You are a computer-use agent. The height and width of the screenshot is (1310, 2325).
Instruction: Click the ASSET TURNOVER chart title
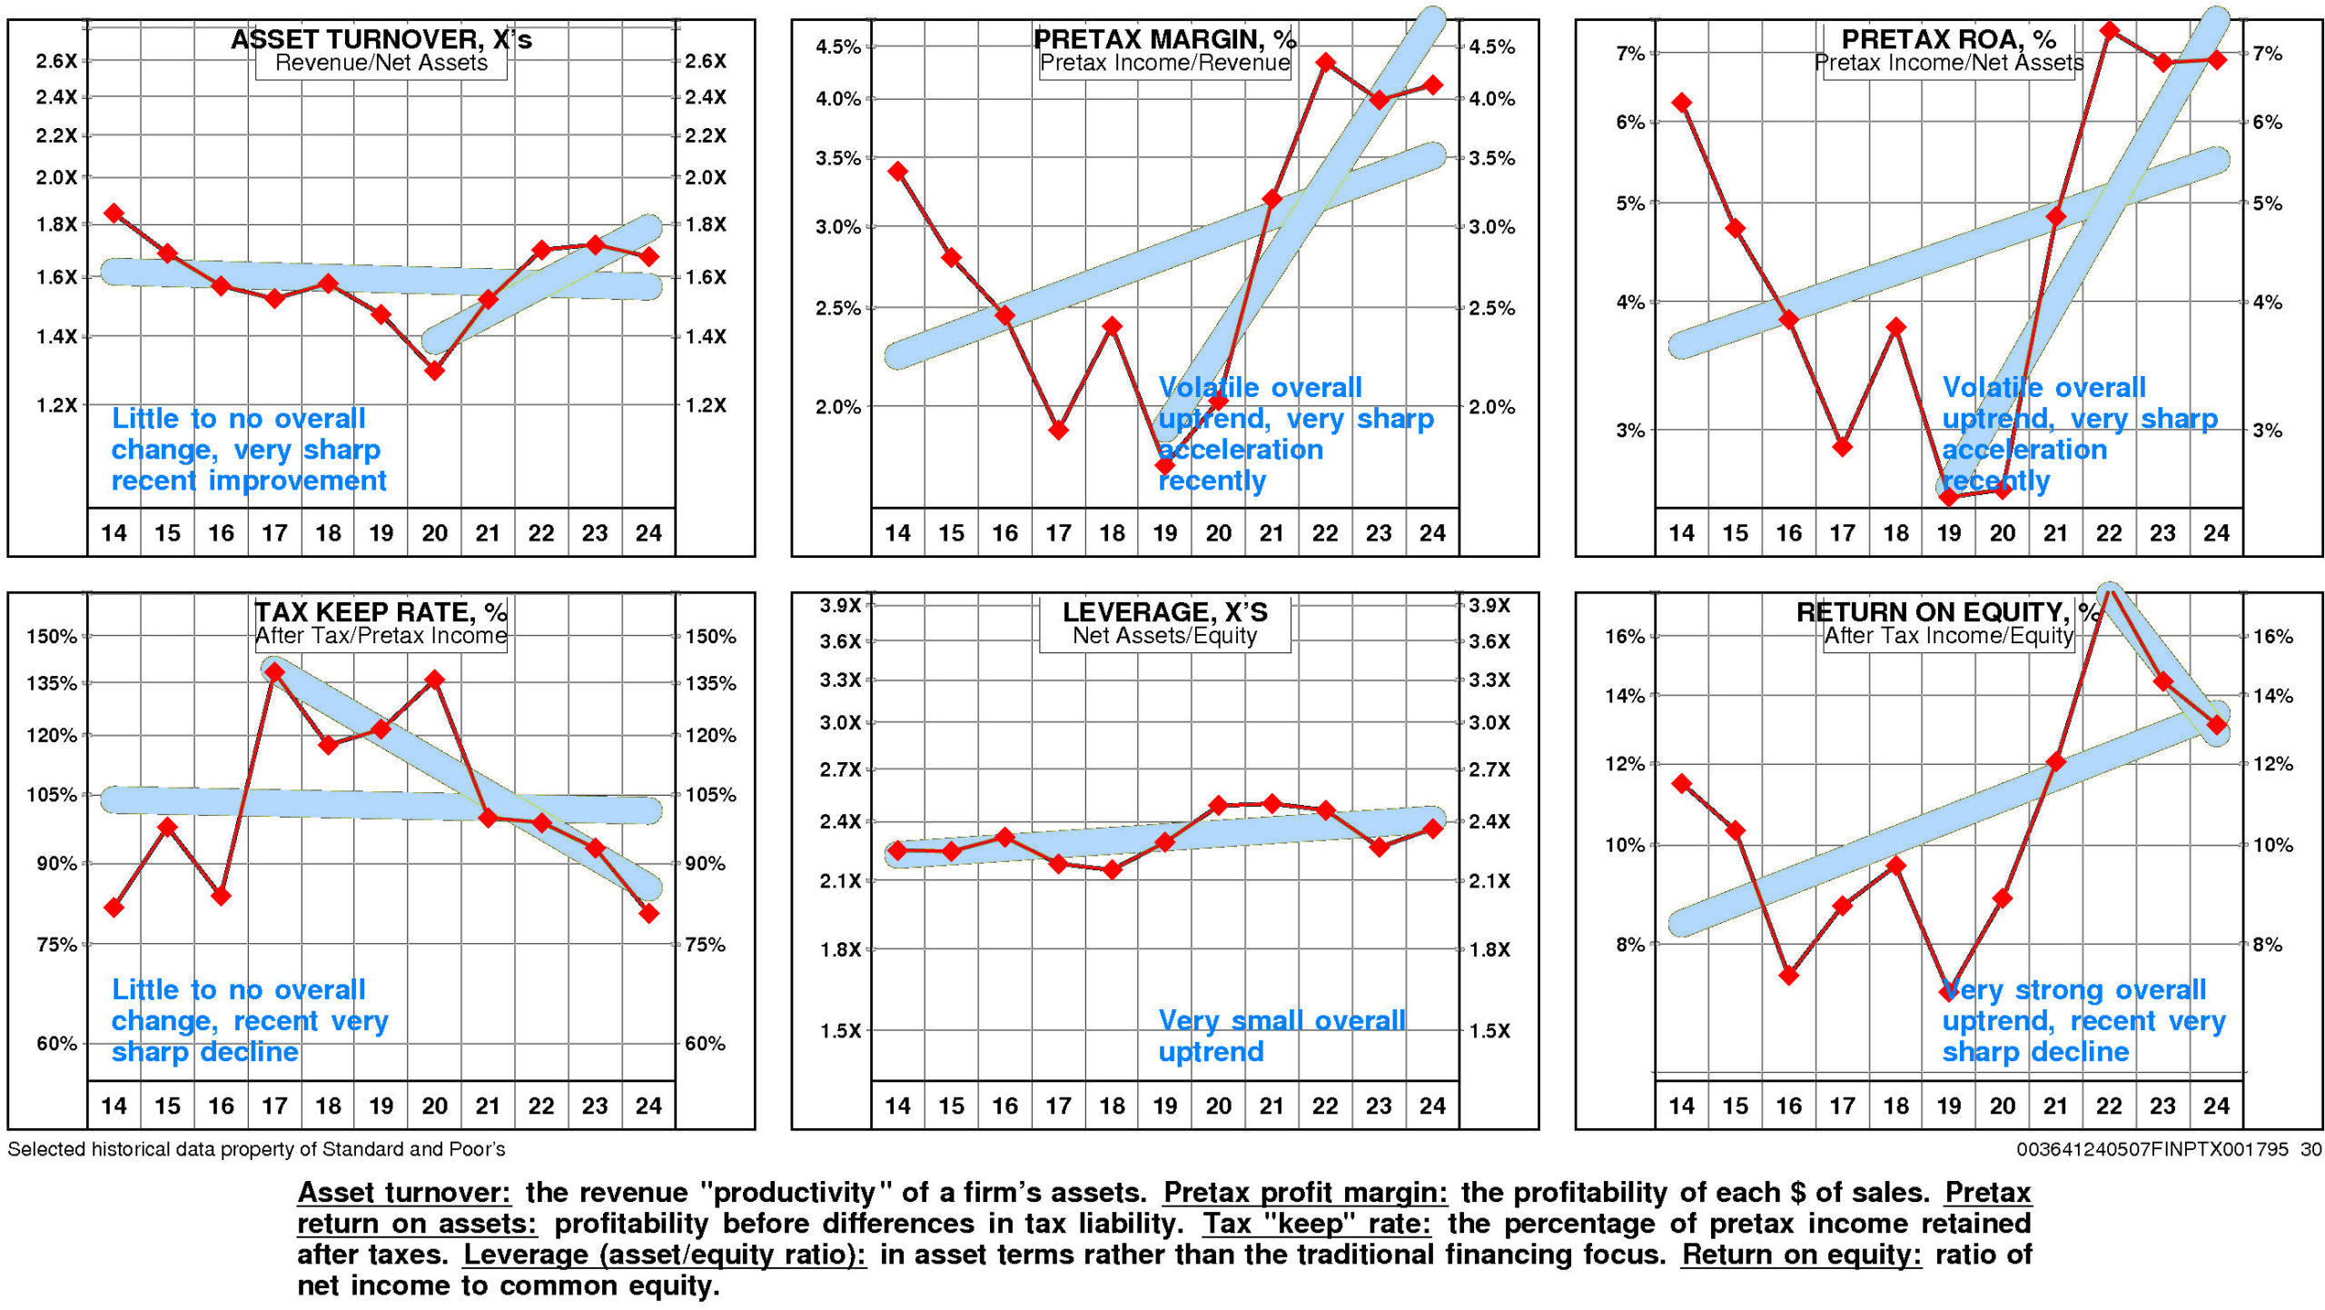click(x=381, y=39)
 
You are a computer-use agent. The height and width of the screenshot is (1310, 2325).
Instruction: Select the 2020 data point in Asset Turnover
click(x=434, y=370)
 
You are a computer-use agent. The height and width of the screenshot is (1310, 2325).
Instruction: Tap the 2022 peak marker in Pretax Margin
click(x=1325, y=63)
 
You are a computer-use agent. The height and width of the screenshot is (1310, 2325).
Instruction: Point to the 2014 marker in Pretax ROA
click(x=1682, y=103)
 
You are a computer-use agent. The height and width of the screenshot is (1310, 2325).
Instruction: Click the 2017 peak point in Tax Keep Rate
click(x=274, y=672)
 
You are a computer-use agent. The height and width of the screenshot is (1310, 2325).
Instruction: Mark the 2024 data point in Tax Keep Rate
click(x=648, y=913)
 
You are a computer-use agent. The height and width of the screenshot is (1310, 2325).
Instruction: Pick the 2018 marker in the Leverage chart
click(x=1112, y=869)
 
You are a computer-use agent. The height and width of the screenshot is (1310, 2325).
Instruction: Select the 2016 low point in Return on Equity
click(x=1789, y=976)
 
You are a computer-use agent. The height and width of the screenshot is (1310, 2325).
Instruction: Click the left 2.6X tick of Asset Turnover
click(x=56, y=61)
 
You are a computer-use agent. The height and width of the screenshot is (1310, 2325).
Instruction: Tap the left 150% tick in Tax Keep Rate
click(x=52, y=636)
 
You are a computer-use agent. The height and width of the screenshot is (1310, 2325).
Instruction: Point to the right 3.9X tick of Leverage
click(x=1489, y=605)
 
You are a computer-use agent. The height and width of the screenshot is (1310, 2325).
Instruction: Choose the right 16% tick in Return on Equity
click(x=2272, y=636)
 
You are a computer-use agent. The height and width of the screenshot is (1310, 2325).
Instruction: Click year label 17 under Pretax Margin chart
click(x=1058, y=533)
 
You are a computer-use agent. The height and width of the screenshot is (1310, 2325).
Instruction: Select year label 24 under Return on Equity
click(x=2216, y=1106)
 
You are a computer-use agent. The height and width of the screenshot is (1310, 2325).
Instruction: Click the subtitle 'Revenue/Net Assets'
click(x=381, y=63)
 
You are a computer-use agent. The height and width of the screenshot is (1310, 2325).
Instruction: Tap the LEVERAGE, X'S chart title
click(x=1165, y=611)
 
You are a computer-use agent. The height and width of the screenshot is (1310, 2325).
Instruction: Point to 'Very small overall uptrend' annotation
click(x=1281, y=1036)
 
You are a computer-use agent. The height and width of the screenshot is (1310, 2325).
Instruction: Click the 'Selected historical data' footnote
click(x=256, y=1149)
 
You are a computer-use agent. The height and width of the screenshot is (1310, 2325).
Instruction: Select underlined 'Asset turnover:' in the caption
click(x=404, y=1192)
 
